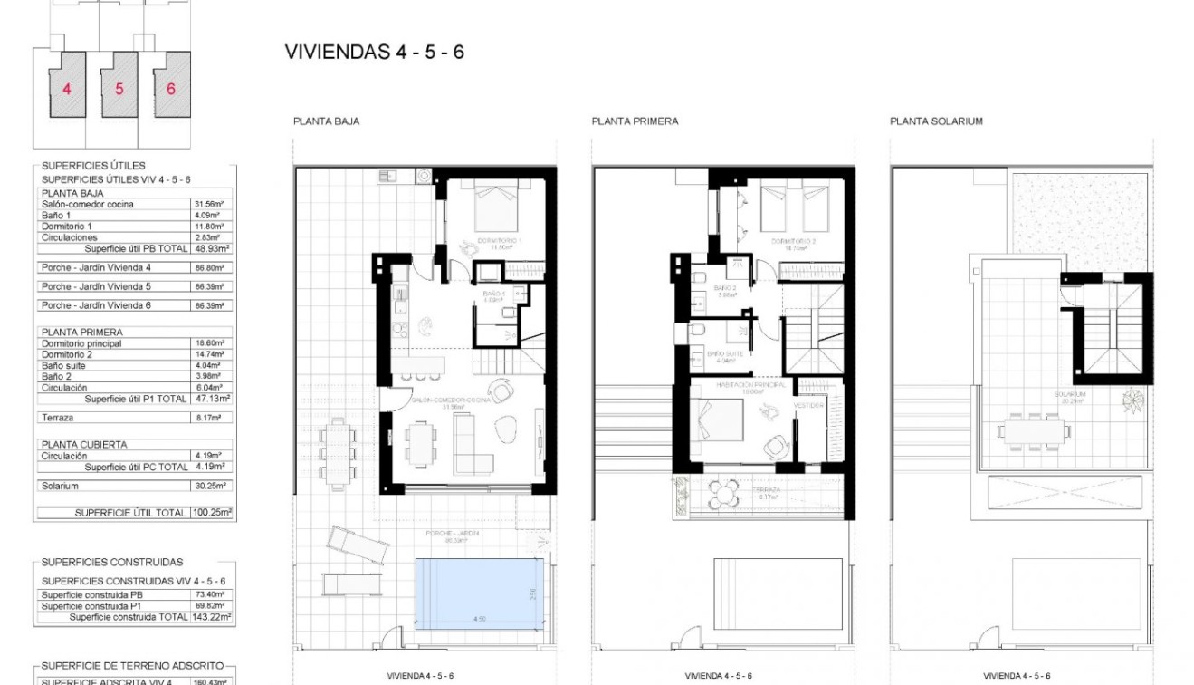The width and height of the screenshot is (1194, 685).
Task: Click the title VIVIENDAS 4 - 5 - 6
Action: point(375,52)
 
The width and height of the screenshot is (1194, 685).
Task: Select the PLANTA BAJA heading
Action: point(326,121)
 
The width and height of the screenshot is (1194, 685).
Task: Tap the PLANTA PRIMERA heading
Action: point(635,121)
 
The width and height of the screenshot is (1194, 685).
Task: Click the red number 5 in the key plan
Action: point(119,89)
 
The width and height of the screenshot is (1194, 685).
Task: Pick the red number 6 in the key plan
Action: point(171,89)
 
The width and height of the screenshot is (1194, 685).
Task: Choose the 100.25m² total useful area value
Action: point(212,513)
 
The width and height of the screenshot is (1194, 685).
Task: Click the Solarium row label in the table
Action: point(60,487)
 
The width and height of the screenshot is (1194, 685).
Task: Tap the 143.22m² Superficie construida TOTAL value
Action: point(212,616)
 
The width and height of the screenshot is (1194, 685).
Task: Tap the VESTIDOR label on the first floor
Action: point(808,405)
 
